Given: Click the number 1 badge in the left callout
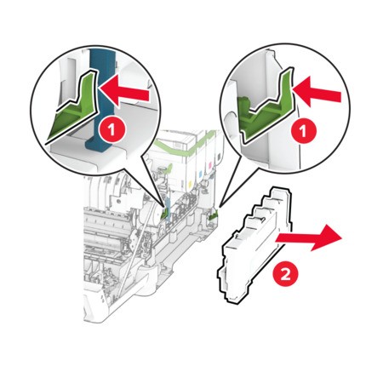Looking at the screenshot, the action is click(x=111, y=130).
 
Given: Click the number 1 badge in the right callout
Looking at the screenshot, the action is click(x=303, y=131).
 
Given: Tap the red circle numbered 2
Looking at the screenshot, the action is click(x=285, y=275).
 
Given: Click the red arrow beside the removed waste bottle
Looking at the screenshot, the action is click(x=309, y=237).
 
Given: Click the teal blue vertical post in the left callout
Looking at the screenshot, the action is click(x=101, y=100).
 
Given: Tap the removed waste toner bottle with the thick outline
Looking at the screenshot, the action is click(x=254, y=244).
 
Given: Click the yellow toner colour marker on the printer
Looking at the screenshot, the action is click(x=190, y=180).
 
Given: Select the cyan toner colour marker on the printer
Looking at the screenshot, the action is click(x=200, y=173).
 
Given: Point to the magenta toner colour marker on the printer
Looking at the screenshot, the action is click(x=210, y=164).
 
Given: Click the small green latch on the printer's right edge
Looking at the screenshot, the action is click(x=213, y=217).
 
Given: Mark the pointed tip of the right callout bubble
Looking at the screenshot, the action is click(x=220, y=207).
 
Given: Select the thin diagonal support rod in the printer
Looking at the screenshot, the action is click(x=130, y=255).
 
